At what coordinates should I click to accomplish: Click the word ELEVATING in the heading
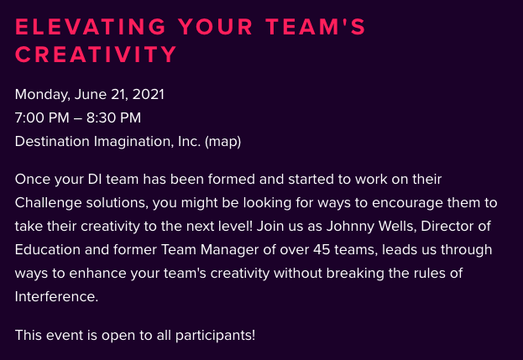tap(91, 27)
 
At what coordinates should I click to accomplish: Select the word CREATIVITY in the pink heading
tap(96, 55)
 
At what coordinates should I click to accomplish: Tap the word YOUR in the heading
tap(215, 27)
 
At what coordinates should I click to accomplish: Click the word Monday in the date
tap(42, 95)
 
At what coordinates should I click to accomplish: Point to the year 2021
tap(148, 94)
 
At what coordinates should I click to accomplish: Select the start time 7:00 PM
tap(42, 117)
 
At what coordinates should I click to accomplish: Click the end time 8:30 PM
tap(113, 117)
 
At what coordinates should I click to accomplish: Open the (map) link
tap(222, 142)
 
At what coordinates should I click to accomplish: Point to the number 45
tap(322, 250)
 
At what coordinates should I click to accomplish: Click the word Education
tap(48, 250)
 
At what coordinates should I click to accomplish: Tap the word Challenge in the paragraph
tap(49, 203)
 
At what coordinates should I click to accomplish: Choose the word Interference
tap(57, 297)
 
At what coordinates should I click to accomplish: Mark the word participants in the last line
tap(215, 336)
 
